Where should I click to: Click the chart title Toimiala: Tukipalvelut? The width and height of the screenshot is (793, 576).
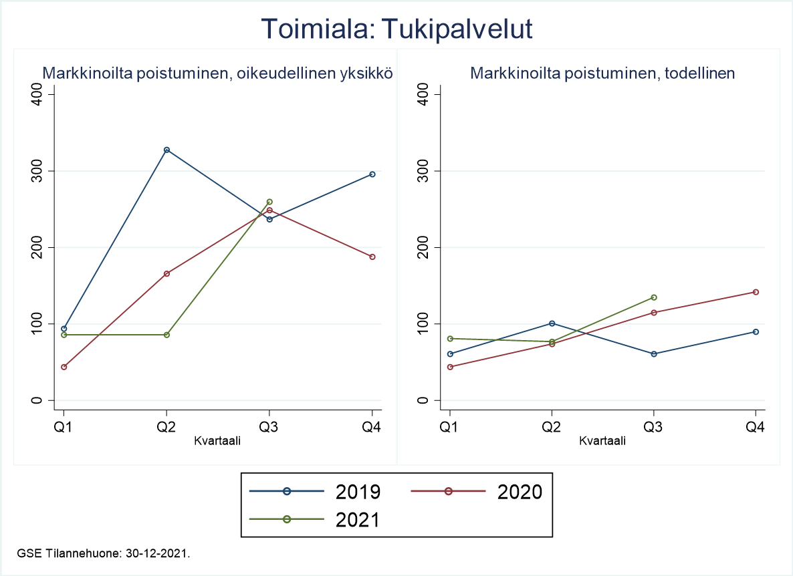tap(396, 30)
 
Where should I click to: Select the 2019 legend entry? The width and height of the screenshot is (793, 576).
tap(315, 491)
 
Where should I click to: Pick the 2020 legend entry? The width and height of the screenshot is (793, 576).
tap(475, 491)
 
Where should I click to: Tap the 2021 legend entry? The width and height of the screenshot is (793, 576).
tap(315, 519)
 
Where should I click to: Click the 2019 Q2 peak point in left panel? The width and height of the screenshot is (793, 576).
tap(166, 150)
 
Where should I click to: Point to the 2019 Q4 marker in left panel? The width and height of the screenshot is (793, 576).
tap(372, 174)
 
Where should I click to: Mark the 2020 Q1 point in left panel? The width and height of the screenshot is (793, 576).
tap(64, 367)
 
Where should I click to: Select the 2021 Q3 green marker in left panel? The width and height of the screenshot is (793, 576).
tap(269, 202)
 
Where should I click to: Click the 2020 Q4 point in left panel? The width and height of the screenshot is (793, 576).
tap(372, 257)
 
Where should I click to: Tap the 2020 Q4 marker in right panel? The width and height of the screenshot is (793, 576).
tap(756, 292)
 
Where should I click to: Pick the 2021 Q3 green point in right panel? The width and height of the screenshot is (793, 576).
tap(654, 297)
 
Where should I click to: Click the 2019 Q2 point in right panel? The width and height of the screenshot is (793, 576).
tap(552, 323)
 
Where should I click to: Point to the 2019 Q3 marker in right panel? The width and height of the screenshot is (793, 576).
tap(654, 353)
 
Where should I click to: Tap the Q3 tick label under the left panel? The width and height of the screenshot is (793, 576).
tap(269, 428)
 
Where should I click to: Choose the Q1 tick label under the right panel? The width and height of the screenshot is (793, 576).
tap(450, 428)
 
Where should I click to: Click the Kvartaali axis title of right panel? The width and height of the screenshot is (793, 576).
tap(602, 441)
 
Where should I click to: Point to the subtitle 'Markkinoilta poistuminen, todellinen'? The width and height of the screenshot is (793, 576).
tap(602, 74)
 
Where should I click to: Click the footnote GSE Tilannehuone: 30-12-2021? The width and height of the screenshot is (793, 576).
tap(104, 553)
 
